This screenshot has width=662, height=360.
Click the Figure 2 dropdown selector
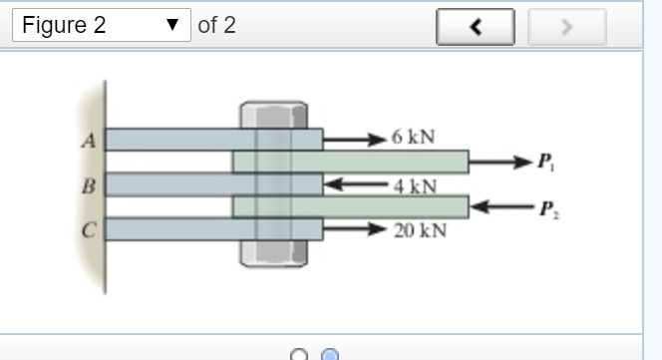[100, 26]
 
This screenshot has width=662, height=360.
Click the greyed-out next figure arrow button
[566, 27]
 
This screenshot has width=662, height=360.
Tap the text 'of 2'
[217, 26]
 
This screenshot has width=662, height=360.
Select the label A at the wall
[89, 141]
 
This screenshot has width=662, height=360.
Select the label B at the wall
[89, 185]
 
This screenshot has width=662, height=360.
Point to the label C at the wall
[89, 229]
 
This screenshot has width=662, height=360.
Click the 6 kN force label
[413, 137]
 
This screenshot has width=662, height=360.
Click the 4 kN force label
[414, 184]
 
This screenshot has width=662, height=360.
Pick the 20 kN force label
[419, 230]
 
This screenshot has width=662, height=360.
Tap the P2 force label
[545, 208]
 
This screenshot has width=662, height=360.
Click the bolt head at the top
[272, 114]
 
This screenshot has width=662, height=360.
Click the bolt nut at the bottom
[272, 253]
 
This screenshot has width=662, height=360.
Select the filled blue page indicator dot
[330, 354]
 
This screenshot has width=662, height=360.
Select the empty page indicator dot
[298, 354]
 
